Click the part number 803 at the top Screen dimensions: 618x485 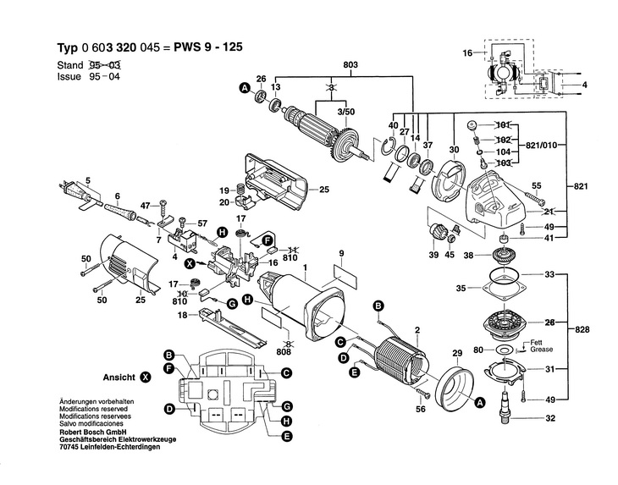350,64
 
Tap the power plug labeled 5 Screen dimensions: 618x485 78,192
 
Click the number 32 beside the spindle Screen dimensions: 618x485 550,418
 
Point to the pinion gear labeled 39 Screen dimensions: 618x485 436,230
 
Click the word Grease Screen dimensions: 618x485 541,350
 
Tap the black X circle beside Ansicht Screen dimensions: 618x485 146,377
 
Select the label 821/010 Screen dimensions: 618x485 541,146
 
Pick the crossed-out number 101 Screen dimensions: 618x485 503,125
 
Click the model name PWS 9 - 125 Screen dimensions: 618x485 208,47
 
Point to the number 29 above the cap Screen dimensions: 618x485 457,353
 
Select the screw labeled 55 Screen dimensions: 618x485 534,197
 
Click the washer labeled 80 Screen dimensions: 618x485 502,349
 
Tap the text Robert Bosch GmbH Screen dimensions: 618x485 90,432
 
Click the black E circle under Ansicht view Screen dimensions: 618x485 286,436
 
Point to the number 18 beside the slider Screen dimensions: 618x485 182,315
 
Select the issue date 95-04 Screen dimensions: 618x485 104,76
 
